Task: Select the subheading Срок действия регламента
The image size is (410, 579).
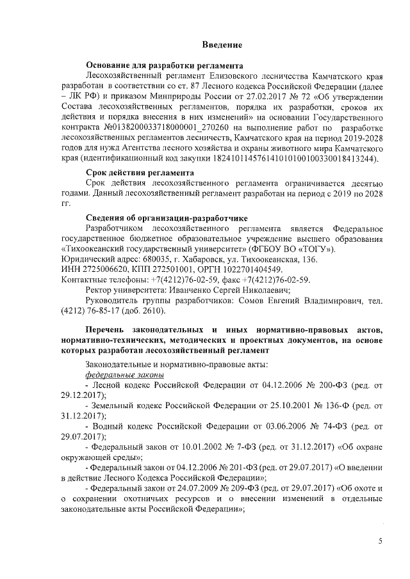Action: point(140,173)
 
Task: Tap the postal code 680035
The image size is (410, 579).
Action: point(138,260)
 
